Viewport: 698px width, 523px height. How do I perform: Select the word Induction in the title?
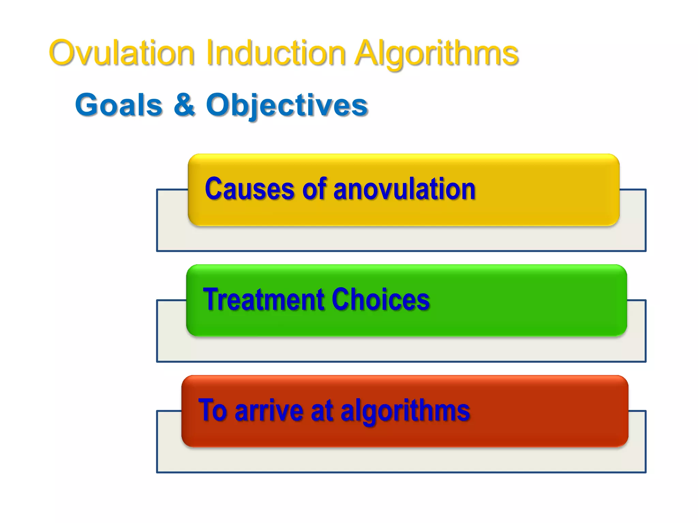coord(276,53)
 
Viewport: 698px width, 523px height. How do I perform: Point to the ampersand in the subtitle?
coord(184,105)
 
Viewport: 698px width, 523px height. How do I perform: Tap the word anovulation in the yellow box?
coord(404,189)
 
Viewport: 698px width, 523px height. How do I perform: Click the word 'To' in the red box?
coord(213,410)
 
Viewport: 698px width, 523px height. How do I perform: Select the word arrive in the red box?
coord(269,410)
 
